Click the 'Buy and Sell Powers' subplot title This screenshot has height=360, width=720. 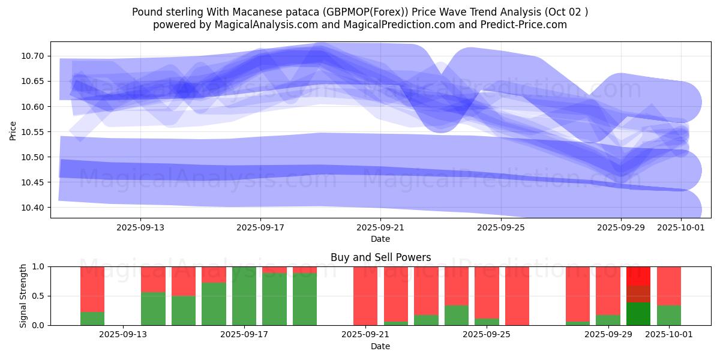[380, 257]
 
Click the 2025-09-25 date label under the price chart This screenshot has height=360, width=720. [500, 227]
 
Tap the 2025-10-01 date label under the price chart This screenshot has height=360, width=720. [680, 227]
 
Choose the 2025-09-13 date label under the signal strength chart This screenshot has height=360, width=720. [123, 335]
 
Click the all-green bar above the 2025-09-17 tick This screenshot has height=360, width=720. [244, 296]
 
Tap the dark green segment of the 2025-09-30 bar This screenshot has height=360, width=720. [638, 314]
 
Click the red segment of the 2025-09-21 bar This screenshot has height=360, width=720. [365, 296]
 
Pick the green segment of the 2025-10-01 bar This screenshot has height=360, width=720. [669, 315]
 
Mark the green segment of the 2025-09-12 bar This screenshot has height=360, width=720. [92, 319]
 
